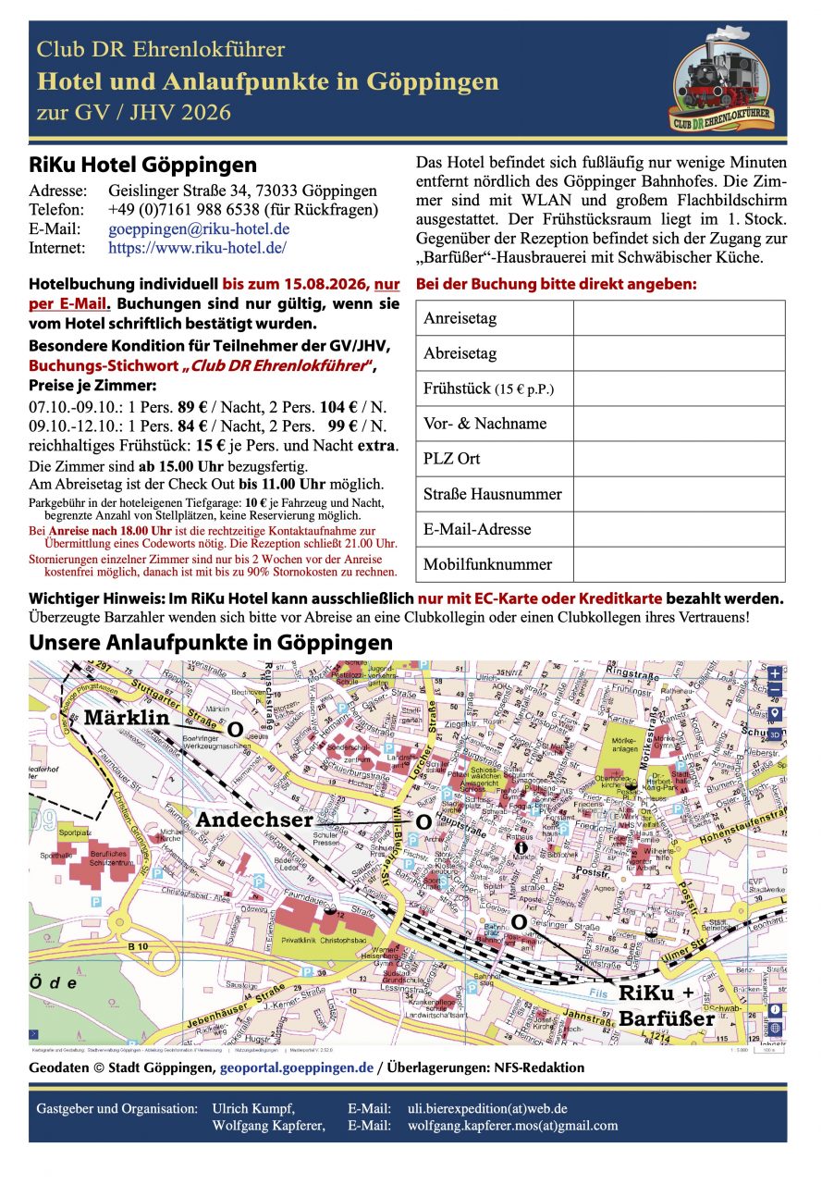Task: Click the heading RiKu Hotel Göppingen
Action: tap(143, 166)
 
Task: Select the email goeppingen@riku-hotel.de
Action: tap(199, 228)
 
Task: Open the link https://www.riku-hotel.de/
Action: tap(197, 248)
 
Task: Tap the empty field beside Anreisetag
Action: tap(679, 318)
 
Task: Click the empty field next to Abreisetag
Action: tap(679, 353)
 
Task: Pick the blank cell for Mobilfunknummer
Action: tap(679, 564)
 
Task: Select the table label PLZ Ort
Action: tap(452, 459)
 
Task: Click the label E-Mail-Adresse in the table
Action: tap(477, 529)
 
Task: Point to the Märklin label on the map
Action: tap(127, 718)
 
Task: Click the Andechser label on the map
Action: tap(254, 820)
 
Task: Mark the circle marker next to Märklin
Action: tap(235, 731)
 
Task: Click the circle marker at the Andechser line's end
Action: tap(423, 821)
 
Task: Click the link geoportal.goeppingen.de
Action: tap(297, 1067)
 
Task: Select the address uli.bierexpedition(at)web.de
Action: tap(487, 1108)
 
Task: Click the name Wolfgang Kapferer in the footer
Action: tap(268, 1126)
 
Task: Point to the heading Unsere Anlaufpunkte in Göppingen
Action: tap(211, 642)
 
